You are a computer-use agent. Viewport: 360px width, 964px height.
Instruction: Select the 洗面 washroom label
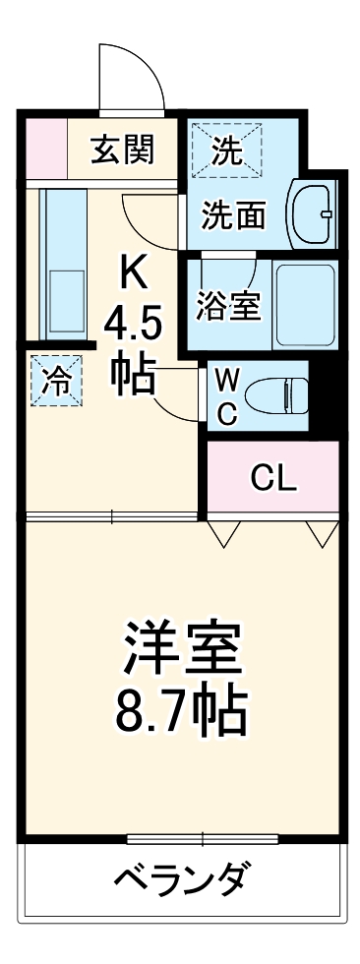[x=234, y=216]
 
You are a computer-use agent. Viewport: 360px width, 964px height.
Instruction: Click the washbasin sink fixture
[x=313, y=212]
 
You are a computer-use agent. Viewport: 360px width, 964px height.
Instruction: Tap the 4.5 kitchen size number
[x=131, y=324]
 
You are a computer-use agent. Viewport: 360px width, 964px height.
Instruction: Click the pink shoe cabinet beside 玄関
[x=44, y=150]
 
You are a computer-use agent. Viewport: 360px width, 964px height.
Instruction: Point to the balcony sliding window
[x=202, y=838]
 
